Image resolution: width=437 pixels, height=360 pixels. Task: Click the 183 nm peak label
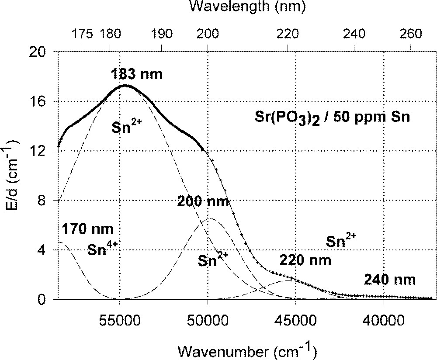coord(136,74)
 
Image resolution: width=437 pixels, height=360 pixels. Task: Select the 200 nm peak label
coord(203,201)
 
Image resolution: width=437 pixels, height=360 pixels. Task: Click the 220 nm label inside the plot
coord(305,260)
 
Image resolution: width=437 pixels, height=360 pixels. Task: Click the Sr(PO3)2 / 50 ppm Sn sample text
coord(332,118)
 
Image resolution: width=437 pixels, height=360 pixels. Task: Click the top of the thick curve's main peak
coord(126,85)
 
